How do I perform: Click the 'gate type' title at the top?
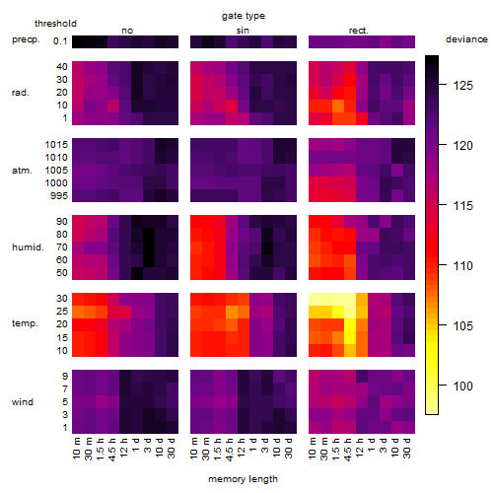point(244,16)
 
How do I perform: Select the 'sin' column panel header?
point(243,31)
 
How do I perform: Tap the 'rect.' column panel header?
point(359,31)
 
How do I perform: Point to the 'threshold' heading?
point(55,24)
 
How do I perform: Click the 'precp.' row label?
point(26,39)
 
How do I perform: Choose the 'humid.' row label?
point(28,246)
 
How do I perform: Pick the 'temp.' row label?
point(25,323)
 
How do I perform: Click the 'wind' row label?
point(23,401)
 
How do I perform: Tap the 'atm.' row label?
point(22,171)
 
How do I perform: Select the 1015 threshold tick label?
point(56,144)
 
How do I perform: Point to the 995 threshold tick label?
point(59,195)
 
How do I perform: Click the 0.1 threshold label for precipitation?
point(60,41)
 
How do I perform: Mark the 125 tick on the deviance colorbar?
point(463,86)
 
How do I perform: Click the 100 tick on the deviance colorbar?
point(463,386)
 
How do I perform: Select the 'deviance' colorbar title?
point(466,39)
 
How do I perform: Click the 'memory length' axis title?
point(244,479)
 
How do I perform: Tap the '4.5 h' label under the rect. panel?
point(348,449)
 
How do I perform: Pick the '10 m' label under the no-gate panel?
point(76,449)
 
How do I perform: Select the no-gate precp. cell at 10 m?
point(78,41)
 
